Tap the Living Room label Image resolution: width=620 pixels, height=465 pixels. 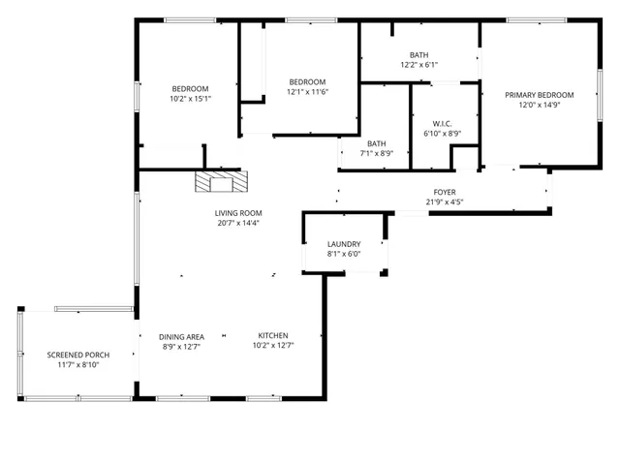[238, 213]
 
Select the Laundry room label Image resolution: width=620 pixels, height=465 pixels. [344, 244]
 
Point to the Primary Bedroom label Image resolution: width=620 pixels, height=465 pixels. [539, 95]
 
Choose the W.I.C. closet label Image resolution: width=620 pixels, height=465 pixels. [443, 123]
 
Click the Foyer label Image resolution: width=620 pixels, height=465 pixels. [445, 192]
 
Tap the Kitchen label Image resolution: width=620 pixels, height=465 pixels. [273, 336]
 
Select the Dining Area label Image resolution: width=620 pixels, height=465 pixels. [182, 336]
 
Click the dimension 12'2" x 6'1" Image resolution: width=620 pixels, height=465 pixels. [418, 65]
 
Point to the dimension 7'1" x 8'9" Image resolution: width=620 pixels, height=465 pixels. [376, 153]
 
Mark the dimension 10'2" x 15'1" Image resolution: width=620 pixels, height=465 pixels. [190, 98]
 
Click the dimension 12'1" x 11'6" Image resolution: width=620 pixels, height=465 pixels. [307, 91]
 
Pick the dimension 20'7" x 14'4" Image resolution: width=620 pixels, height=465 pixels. [238, 223]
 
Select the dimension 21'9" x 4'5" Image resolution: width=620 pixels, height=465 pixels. [445, 201]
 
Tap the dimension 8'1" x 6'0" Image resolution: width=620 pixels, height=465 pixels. [344, 254]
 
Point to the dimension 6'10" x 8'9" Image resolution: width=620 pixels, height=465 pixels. [443, 133]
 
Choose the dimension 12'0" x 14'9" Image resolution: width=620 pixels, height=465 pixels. [539, 105]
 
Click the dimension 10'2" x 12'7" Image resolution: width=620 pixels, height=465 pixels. [273, 346]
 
